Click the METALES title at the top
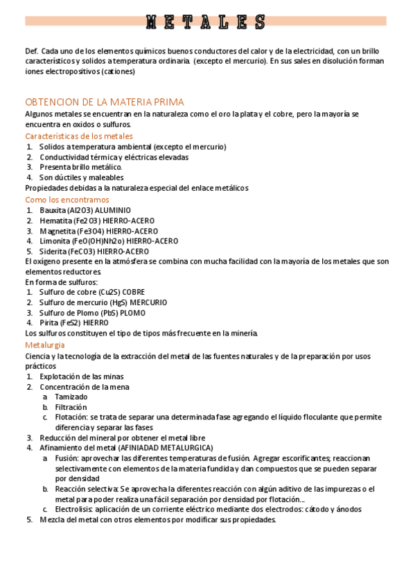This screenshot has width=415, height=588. pos(206,21)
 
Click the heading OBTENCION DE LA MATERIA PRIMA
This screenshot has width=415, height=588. pos(105,101)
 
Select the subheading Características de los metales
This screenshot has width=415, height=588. pos(79,136)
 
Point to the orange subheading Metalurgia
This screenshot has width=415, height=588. pos(45,345)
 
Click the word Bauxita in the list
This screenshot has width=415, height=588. pos(52,210)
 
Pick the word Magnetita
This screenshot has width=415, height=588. pos(57,231)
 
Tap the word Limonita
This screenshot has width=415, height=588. pos(55,241)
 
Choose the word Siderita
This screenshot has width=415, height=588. pos(53,251)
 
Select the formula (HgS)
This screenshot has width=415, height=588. pos(120,302)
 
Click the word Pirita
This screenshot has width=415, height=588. pos(49,322)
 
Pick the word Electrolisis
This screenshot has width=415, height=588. pos(73,509)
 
